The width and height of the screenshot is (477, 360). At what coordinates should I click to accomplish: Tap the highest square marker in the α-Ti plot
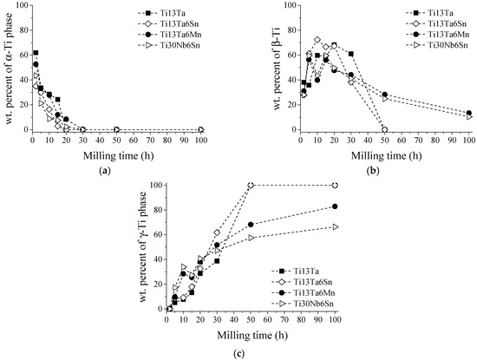[36, 53]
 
